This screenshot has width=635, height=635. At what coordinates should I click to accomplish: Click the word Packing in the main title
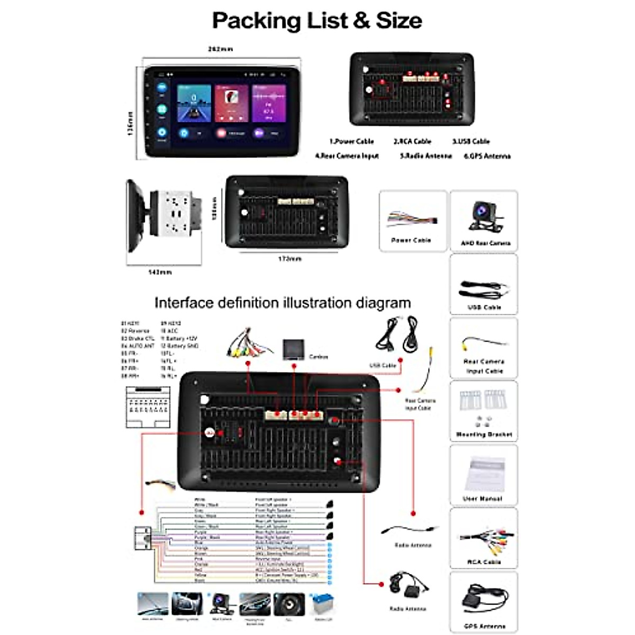pyautogui.click(x=257, y=21)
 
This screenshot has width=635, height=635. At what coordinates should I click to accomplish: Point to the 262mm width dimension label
pyautogui.click(x=220, y=49)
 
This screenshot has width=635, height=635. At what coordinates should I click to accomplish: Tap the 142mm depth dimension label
pyautogui.click(x=159, y=272)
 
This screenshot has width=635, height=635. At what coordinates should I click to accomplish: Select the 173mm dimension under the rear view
pyautogui.click(x=289, y=259)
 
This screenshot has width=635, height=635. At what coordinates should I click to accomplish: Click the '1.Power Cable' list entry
pyautogui.click(x=351, y=141)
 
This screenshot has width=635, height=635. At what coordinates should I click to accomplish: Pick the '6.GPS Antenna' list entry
pyautogui.click(x=487, y=156)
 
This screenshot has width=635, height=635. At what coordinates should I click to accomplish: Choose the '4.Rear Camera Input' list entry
pyautogui.click(x=347, y=156)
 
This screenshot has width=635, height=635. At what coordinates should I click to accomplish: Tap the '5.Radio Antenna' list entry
pyautogui.click(x=425, y=156)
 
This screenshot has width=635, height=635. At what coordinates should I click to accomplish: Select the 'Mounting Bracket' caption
pyautogui.click(x=484, y=434)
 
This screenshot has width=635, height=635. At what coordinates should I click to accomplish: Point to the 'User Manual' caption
pyautogui.click(x=483, y=498)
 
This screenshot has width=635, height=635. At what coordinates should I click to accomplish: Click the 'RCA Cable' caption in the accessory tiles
pyautogui.click(x=484, y=562)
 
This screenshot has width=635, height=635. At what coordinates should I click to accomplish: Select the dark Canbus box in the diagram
pyautogui.click(x=293, y=349)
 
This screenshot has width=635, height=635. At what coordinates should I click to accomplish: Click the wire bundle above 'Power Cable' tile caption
pyautogui.click(x=412, y=219)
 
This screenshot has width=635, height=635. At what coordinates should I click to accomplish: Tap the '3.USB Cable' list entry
pyautogui.click(x=470, y=141)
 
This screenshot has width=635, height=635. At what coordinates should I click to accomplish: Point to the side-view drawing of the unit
pyautogui.click(x=164, y=215)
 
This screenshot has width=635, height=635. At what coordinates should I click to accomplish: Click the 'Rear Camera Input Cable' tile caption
pyautogui.click(x=484, y=366)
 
